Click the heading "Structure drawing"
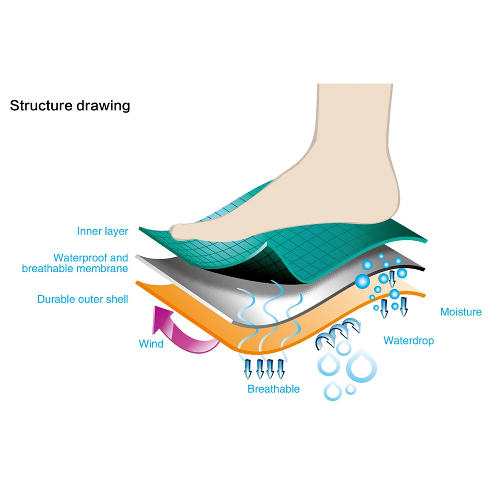pyautogui.click(x=70, y=105)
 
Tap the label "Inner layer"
pyautogui.click(x=103, y=231)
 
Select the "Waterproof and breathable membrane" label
pyautogui.click(x=75, y=263)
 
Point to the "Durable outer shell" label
pyautogui.click(x=83, y=299)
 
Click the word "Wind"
pyautogui.click(x=151, y=344)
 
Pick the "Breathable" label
pyautogui.click(x=273, y=389)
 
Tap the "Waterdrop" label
pyautogui.click(x=409, y=341)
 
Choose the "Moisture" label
pyautogui.click(x=461, y=312)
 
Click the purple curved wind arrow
pyautogui.click(x=178, y=332)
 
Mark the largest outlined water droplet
pyautogui.click(x=361, y=366)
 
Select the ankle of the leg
pyautogui.click(x=353, y=137)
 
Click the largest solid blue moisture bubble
pyautogui.click(x=362, y=281)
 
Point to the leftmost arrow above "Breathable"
pyautogui.click(x=248, y=369)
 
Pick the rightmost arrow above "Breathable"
pyautogui.click(x=281, y=369)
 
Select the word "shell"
pyautogui.click(x=118, y=299)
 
